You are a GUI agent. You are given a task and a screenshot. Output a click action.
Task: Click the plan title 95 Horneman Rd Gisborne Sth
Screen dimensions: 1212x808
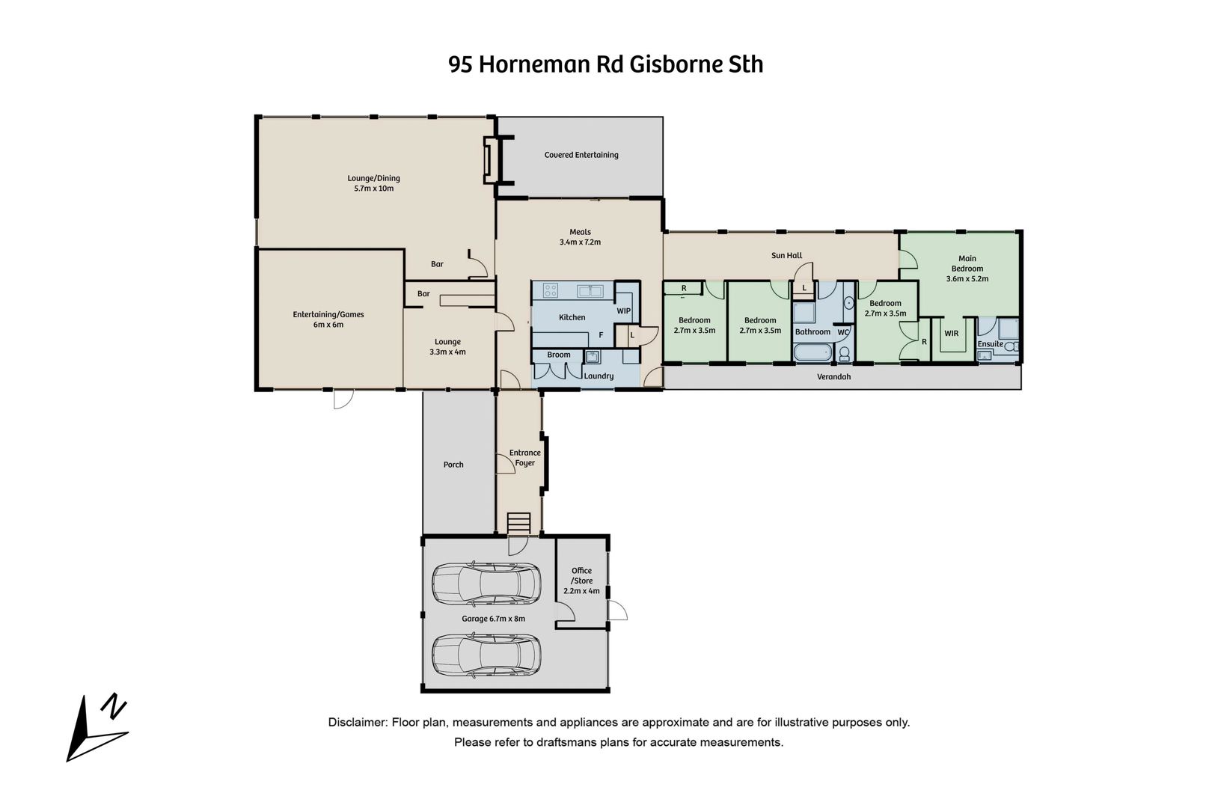[x=605, y=64]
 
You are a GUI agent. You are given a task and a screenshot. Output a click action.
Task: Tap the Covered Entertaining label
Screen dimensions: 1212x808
[x=581, y=155]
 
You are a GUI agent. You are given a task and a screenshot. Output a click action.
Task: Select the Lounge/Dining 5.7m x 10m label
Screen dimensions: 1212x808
[x=373, y=183]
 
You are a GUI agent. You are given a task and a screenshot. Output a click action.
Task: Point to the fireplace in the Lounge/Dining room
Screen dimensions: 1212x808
[x=492, y=159]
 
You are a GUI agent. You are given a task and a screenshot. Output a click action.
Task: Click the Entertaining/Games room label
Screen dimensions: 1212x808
[x=328, y=319]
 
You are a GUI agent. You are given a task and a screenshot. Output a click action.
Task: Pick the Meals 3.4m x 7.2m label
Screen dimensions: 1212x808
[x=580, y=237]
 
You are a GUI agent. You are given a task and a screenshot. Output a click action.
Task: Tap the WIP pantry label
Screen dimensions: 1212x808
[x=623, y=311]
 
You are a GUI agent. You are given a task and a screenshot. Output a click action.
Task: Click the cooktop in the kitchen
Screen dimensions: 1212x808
[x=551, y=290]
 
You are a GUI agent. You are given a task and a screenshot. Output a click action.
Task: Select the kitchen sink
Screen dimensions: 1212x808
[x=590, y=290]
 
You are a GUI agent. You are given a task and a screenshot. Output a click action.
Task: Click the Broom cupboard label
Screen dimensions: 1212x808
[x=558, y=355]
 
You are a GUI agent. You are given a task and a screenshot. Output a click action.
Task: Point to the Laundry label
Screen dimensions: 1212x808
[x=599, y=376]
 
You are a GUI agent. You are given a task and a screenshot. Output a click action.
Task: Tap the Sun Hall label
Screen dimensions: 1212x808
[x=787, y=255]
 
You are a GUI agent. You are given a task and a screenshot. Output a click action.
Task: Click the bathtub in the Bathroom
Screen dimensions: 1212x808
[x=812, y=353]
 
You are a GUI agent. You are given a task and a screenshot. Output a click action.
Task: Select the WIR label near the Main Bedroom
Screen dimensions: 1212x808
[x=951, y=334]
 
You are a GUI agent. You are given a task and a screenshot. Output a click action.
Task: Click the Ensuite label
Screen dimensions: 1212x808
[x=990, y=344]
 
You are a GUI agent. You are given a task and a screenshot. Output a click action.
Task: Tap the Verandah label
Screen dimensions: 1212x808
[x=833, y=376]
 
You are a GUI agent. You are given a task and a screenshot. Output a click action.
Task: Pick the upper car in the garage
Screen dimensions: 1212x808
[x=486, y=584]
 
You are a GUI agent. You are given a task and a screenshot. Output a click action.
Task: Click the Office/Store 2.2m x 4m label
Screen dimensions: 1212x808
[x=581, y=581]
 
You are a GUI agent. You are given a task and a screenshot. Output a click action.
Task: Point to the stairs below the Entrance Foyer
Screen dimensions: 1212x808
[x=519, y=524]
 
